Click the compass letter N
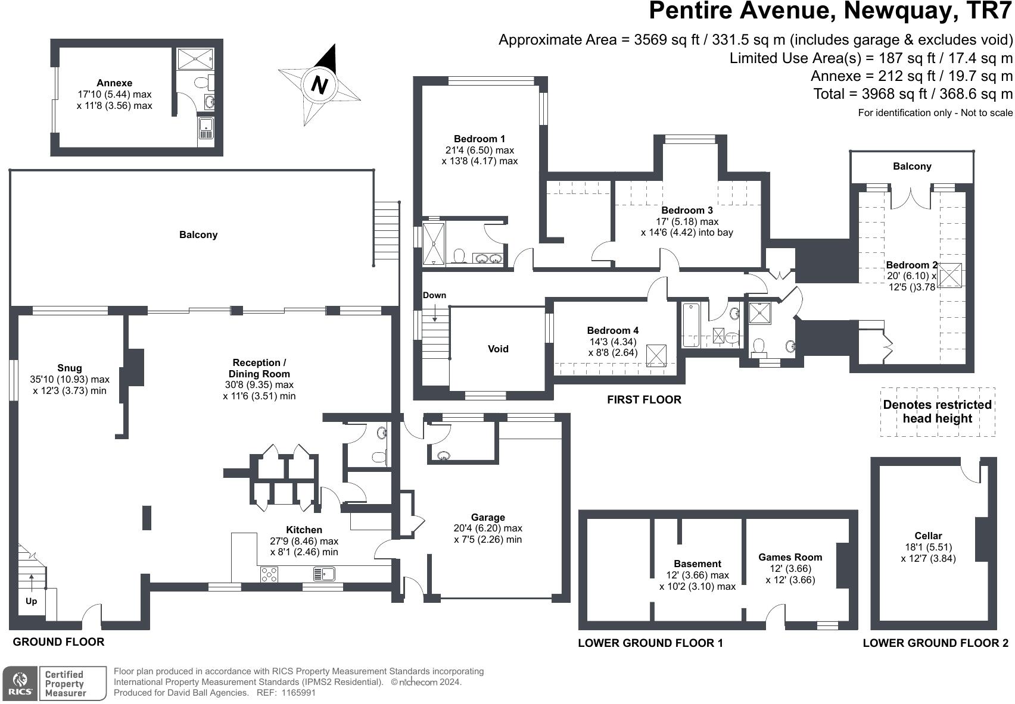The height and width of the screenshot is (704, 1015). tap(320, 85)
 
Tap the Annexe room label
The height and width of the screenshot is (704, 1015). tap(114, 83)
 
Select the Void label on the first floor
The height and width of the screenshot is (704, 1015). tap(498, 349)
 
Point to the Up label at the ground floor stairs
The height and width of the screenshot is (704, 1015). tap(31, 601)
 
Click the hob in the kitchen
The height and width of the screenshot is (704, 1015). tap(269, 574)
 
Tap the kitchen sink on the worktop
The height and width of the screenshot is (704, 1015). tap(325, 574)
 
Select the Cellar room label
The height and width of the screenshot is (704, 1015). tap(928, 536)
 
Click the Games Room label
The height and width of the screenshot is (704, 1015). tap(790, 558)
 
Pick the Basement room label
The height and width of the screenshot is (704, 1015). tap(698, 564)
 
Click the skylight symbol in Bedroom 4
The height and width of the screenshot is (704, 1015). tap(656, 355)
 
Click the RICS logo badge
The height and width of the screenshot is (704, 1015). tap(20, 684)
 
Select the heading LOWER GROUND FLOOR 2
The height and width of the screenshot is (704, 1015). tap(935, 643)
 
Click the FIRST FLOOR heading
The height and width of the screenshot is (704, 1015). tap(644, 400)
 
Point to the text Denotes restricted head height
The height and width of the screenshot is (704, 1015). tap(937, 411)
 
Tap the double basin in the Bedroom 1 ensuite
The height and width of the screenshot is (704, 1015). tap(488, 259)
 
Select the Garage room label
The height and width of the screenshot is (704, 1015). tap(488, 518)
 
